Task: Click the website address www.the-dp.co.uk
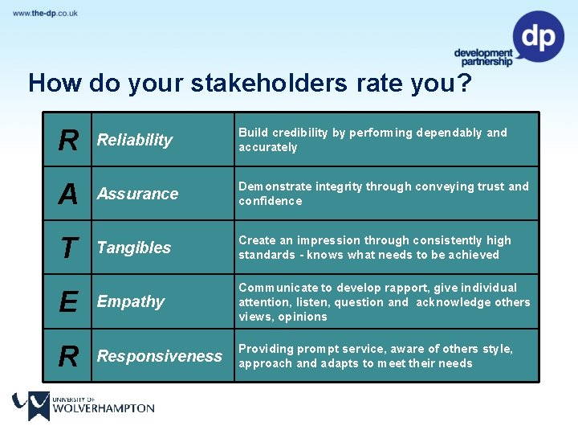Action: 45,14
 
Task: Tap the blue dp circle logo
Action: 538,36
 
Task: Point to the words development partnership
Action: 482,58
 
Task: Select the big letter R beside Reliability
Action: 68,141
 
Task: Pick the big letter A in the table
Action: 68,194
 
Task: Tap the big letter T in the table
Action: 68,248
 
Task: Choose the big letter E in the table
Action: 68,302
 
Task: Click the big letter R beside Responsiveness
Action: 68,356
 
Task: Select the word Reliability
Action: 134,140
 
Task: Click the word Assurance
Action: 137,194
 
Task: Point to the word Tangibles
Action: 133,248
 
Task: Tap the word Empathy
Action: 130,301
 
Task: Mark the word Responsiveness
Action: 159,355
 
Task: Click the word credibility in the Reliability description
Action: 301,133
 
